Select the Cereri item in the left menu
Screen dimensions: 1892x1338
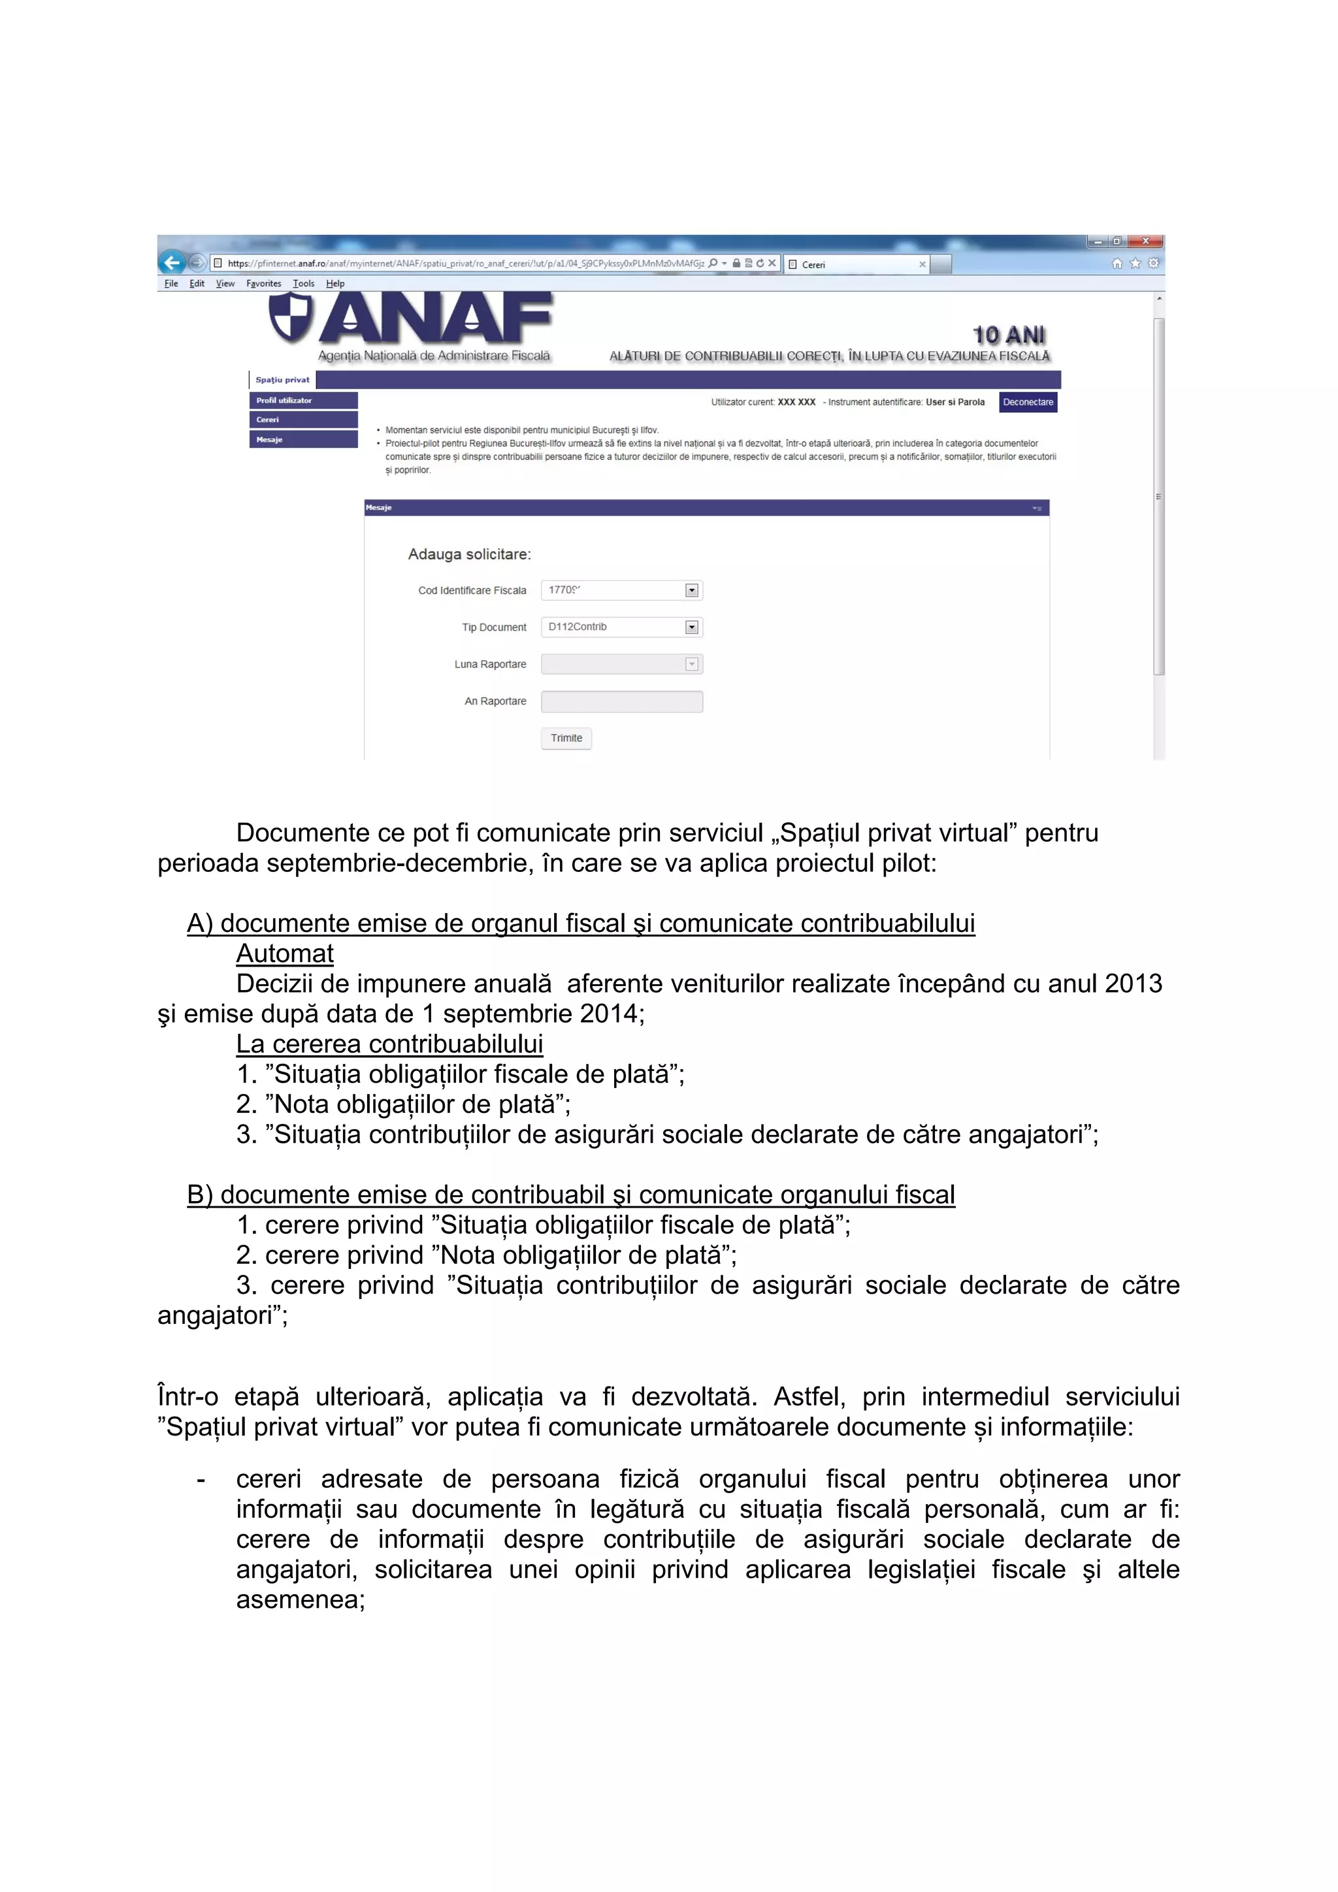point(302,419)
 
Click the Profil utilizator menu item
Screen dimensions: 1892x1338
point(302,400)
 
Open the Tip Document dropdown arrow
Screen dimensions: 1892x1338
point(692,627)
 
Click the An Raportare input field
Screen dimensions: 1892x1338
point(621,701)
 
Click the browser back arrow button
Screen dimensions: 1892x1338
point(171,263)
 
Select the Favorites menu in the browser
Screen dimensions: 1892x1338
point(263,283)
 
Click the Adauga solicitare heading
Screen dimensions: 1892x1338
point(469,554)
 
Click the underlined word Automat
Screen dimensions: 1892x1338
point(284,954)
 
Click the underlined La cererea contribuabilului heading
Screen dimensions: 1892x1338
point(389,1044)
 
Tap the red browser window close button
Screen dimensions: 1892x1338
point(1145,242)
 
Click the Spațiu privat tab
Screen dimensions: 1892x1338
point(282,380)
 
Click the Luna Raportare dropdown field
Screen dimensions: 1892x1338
point(621,664)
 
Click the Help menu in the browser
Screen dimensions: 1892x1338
point(334,283)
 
